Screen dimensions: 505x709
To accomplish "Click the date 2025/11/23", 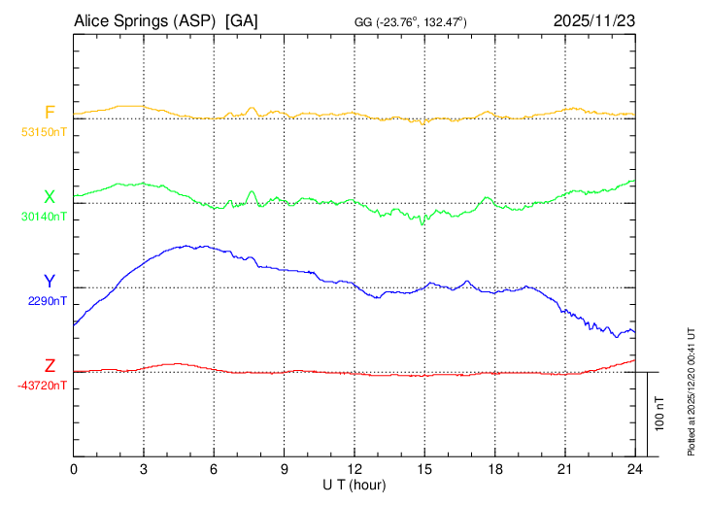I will click(x=593, y=20).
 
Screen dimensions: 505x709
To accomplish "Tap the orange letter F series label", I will click(x=50, y=113).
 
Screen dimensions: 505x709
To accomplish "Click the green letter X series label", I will click(x=50, y=197).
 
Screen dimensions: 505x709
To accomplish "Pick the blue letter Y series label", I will click(x=50, y=282).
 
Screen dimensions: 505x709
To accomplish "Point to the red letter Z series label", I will click(x=50, y=366).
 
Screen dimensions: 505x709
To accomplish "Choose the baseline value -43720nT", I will click(x=42, y=386).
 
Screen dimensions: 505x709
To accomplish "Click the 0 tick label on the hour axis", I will click(x=74, y=469).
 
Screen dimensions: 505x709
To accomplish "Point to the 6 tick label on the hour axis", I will click(x=215, y=469).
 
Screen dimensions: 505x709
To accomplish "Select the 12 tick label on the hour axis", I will click(x=354, y=469).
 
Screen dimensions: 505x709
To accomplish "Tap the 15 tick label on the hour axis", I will click(x=424, y=469).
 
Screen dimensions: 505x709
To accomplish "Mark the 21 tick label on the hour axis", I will click(x=565, y=469).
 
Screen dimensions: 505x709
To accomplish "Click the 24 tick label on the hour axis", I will click(x=635, y=469).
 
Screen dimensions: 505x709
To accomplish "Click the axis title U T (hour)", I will click(x=354, y=485).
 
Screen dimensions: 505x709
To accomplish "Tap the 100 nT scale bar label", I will click(x=659, y=414).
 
